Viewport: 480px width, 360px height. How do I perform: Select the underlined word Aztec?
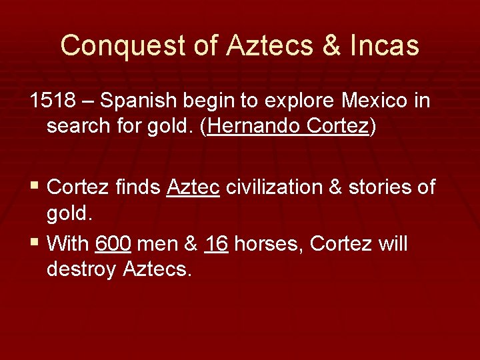[x=193, y=187]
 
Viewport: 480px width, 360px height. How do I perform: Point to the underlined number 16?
[x=216, y=244]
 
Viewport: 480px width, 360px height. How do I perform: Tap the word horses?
[x=269, y=244]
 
